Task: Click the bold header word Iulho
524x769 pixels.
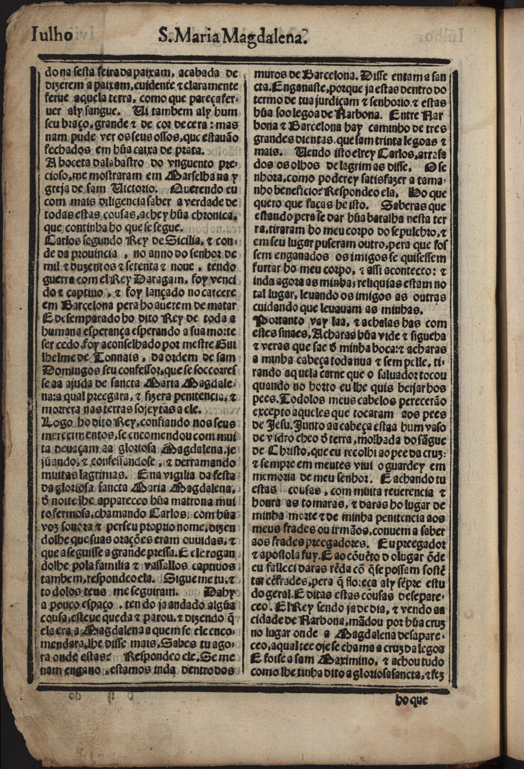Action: click(x=51, y=36)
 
